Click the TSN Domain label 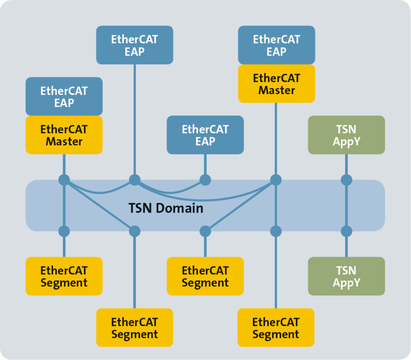tap(165, 207)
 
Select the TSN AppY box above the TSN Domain tap(346, 134)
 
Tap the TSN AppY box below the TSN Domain tap(346, 276)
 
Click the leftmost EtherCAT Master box tap(64, 134)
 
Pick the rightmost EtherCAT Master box tap(276, 83)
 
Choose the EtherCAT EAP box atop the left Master tap(64, 96)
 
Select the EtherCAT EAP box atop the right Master tap(276, 45)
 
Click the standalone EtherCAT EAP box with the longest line tap(134, 45)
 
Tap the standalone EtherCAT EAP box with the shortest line tap(205, 134)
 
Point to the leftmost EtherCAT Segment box tap(64, 276)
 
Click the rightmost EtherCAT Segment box tap(275, 327)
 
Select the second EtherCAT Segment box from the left tap(134, 327)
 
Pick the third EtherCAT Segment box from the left tap(205, 276)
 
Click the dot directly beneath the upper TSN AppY tap(346, 179)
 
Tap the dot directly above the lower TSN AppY tap(346, 231)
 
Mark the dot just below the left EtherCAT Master tap(64, 179)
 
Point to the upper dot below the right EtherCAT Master tap(276, 179)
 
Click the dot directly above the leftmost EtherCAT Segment tap(64, 231)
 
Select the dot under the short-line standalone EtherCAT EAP tap(205, 179)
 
